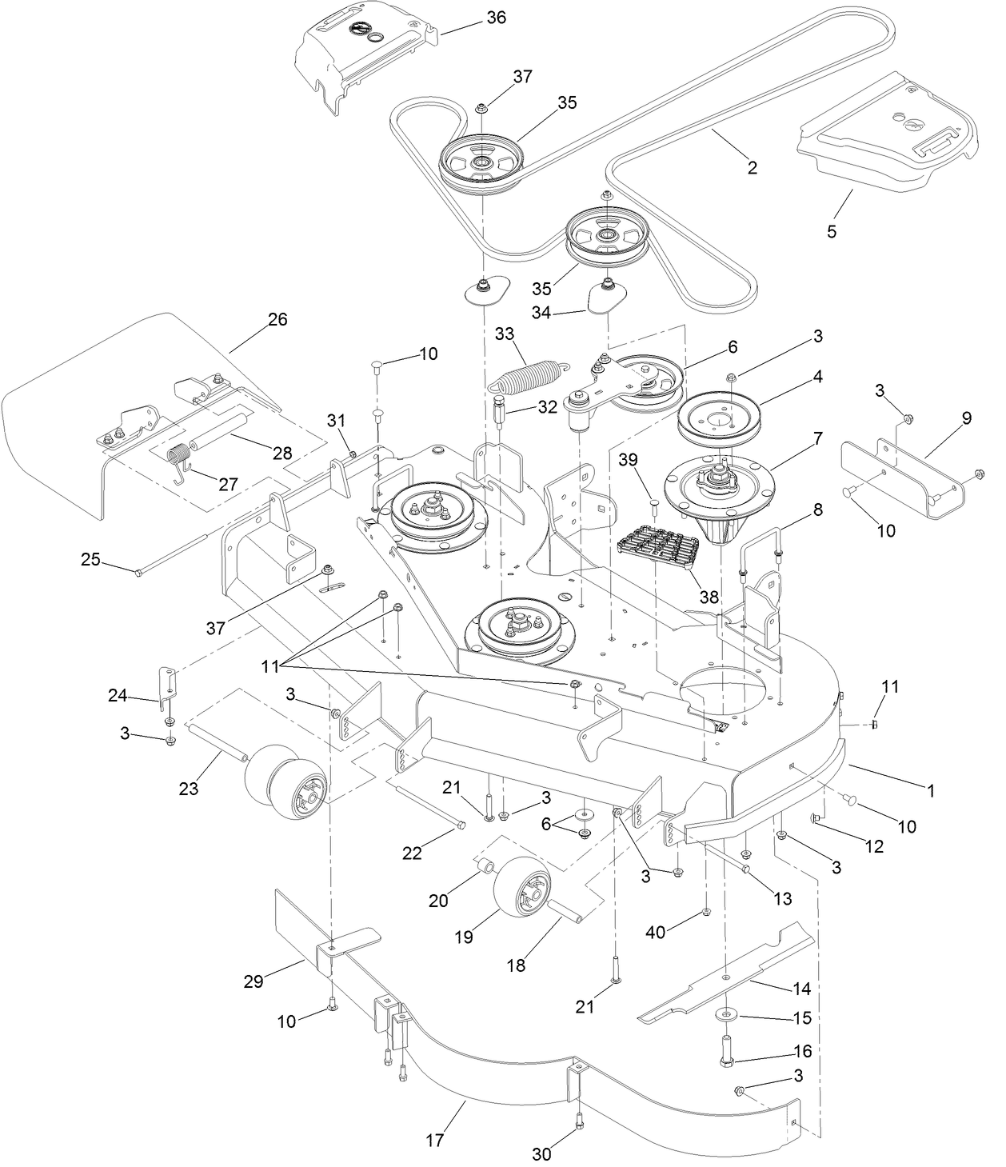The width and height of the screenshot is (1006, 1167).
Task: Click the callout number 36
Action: pyautogui.click(x=496, y=18)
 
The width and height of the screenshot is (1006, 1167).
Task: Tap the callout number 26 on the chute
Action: pyautogui.click(x=277, y=319)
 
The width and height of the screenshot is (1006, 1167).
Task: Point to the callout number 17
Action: pyautogui.click(x=434, y=1140)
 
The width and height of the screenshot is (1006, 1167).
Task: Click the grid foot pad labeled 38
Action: pyautogui.click(x=659, y=551)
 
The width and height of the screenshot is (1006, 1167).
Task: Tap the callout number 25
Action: pyautogui.click(x=90, y=559)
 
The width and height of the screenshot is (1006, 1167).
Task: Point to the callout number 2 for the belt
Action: pyautogui.click(x=752, y=168)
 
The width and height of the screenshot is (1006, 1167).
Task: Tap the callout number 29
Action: pyautogui.click(x=253, y=981)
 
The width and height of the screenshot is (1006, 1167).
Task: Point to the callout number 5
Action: pyautogui.click(x=832, y=232)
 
